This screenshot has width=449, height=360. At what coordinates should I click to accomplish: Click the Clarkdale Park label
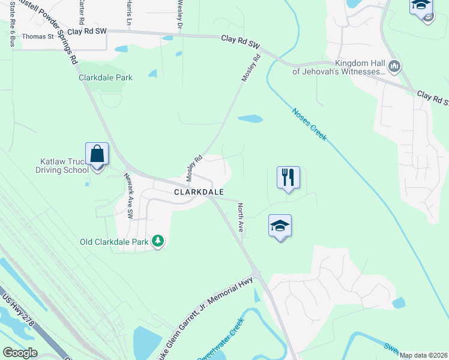[x=106, y=77]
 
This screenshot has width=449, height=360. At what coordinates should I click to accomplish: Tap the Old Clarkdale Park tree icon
[x=157, y=241]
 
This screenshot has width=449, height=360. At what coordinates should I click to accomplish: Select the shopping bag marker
[x=97, y=155]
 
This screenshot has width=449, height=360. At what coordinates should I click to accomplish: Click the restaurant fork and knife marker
[x=288, y=178]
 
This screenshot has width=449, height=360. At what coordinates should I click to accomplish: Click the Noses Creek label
[x=310, y=124]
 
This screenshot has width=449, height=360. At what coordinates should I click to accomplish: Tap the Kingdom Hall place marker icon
[x=394, y=66]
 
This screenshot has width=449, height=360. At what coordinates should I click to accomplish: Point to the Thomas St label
[x=38, y=36]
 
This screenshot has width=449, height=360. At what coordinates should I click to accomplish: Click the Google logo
[x=20, y=353]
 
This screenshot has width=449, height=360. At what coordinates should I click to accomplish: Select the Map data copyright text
[x=423, y=355]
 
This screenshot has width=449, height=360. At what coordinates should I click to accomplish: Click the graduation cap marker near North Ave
[x=280, y=226]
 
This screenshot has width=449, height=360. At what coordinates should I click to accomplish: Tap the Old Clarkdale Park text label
[x=115, y=242]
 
